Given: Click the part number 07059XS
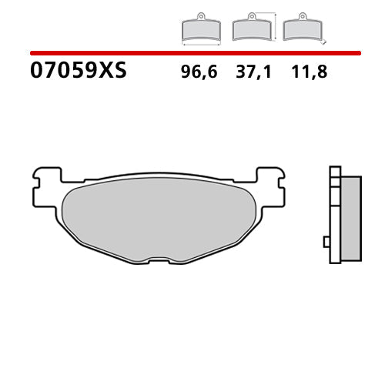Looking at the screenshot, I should click(x=78, y=72).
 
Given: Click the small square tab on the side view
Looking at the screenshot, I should click(x=326, y=242).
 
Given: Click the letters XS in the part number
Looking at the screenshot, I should click(x=112, y=72).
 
